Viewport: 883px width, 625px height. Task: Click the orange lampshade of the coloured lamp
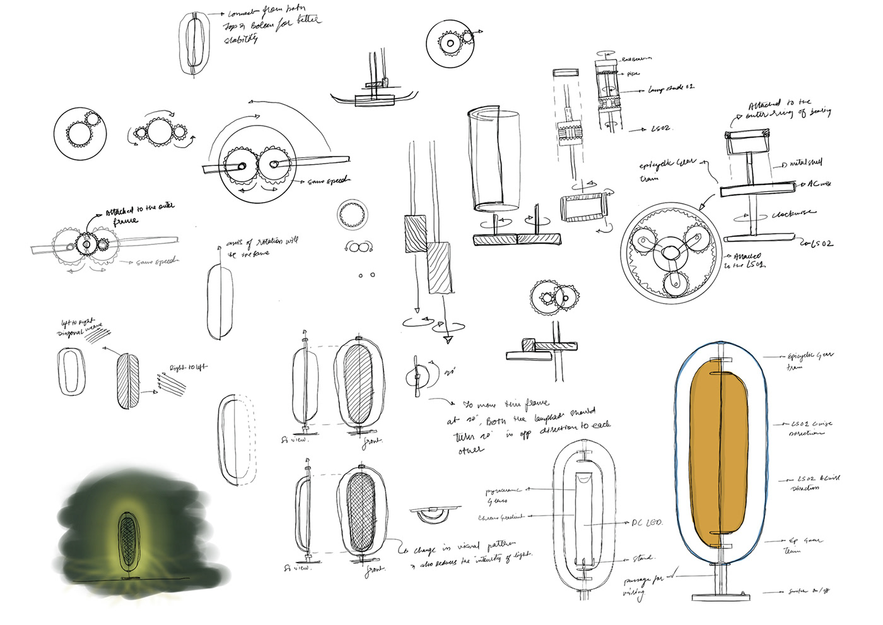click(x=720, y=451)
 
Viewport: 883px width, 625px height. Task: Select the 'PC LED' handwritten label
click(x=646, y=523)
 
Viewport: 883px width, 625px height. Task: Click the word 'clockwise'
click(x=793, y=214)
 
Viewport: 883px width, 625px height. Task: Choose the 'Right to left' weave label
click(x=188, y=367)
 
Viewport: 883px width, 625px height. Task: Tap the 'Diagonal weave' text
click(x=79, y=330)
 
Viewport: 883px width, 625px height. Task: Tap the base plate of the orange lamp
click(x=720, y=597)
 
